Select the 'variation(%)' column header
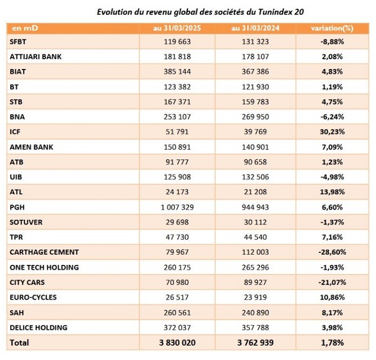[332, 28]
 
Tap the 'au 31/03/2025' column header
[177, 28]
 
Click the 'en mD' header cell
[25, 28]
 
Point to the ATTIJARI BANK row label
[35, 56]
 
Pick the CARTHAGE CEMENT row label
[44, 252]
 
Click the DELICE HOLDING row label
[38, 328]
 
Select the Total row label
[19, 342]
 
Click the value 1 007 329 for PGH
[177, 207]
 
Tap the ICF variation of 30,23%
[332, 132]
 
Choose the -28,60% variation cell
[332, 252]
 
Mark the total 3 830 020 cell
[177, 342]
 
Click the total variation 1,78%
[332, 342]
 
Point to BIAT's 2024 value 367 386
[255, 71]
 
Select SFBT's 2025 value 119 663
[177, 42]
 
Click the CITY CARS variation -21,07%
[332, 283]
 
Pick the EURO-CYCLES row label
[33, 297]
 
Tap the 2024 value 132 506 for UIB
[255, 177]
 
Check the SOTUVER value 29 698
[177, 222]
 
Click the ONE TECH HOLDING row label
[44, 267]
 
